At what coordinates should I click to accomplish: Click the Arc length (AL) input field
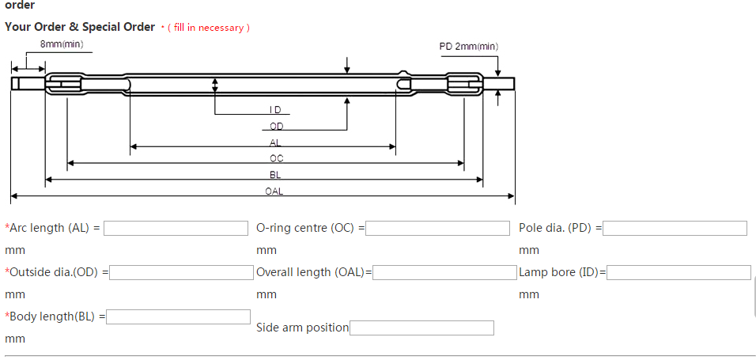pyautogui.click(x=176, y=228)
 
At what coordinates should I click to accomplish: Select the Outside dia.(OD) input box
pyautogui.click(x=181, y=272)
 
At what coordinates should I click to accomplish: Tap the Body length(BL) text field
pyautogui.click(x=179, y=316)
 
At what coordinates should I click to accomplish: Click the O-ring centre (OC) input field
pyautogui.click(x=437, y=228)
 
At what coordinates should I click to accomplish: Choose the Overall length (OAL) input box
pyautogui.click(x=444, y=272)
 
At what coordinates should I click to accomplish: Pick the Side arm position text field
pyautogui.click(x=421, y=328)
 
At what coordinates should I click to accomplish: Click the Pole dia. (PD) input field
pyautogui.click(x=675, y=228)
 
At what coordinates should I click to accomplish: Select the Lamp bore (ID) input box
pyautogui.click(x=679, y=272)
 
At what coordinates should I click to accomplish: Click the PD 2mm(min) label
pyautogui.click(x=469, y=47)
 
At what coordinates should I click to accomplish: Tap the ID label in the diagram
pyautogui.click(x=275, y=110)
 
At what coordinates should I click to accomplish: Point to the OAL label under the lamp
pyautogui.click(x=274, y=191)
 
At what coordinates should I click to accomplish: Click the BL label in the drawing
pyautogui.click(x=275, y=175)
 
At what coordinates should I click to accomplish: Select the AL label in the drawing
pyautogui.click(x=275, y=142)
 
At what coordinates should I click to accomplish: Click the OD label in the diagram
pyautogui.click(x=276, y=127)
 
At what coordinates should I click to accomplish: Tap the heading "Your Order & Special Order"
pyautogui.click(x=80, y=27)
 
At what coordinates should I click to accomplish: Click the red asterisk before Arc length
pyautogui.click(x=7, y=228)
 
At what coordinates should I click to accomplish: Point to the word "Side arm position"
pyautogui.click(x=302, y=328)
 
